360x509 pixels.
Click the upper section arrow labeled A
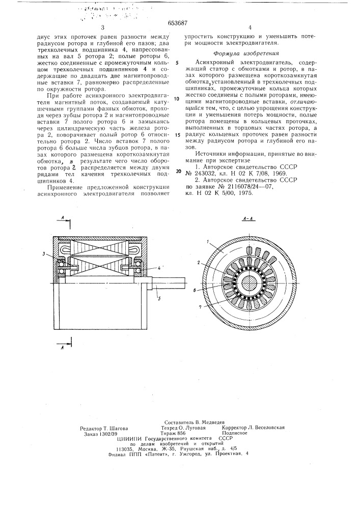pos(61,218)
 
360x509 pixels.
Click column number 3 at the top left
pos(102,28)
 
